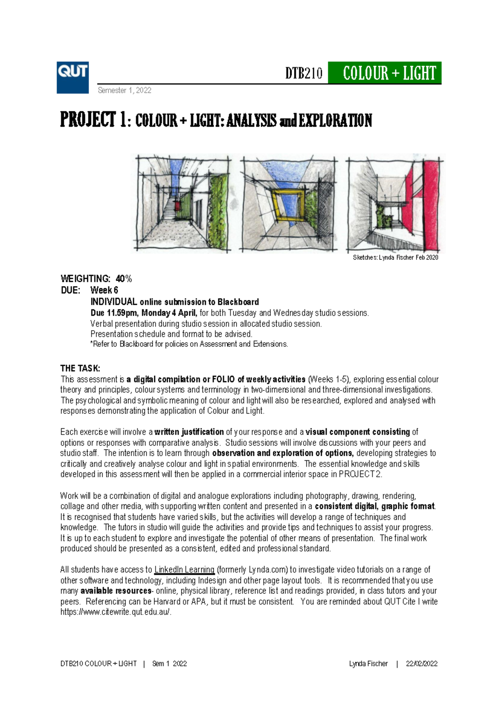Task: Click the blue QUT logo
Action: coord(73,78)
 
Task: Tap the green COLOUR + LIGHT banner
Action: coord(385,73)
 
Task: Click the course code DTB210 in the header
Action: coord(304,74)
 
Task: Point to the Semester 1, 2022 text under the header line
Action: coord(124,90)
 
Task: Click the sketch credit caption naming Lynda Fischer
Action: coord(395,258)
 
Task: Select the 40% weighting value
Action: coord(124,279)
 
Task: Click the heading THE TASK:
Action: coord(80,368)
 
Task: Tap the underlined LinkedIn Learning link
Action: coord(184,570)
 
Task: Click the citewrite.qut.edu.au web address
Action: coord(116,612)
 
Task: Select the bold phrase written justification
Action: coord(189,432)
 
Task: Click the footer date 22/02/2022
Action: coord(422,664)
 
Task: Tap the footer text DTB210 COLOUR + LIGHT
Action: coord(99,664)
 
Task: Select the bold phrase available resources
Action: coord(116,591)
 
